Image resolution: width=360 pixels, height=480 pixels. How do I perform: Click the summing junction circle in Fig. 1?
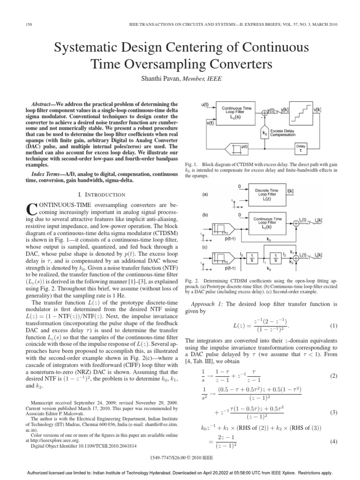[265, 112]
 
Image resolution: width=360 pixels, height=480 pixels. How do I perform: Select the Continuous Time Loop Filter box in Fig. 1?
[237, 112]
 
